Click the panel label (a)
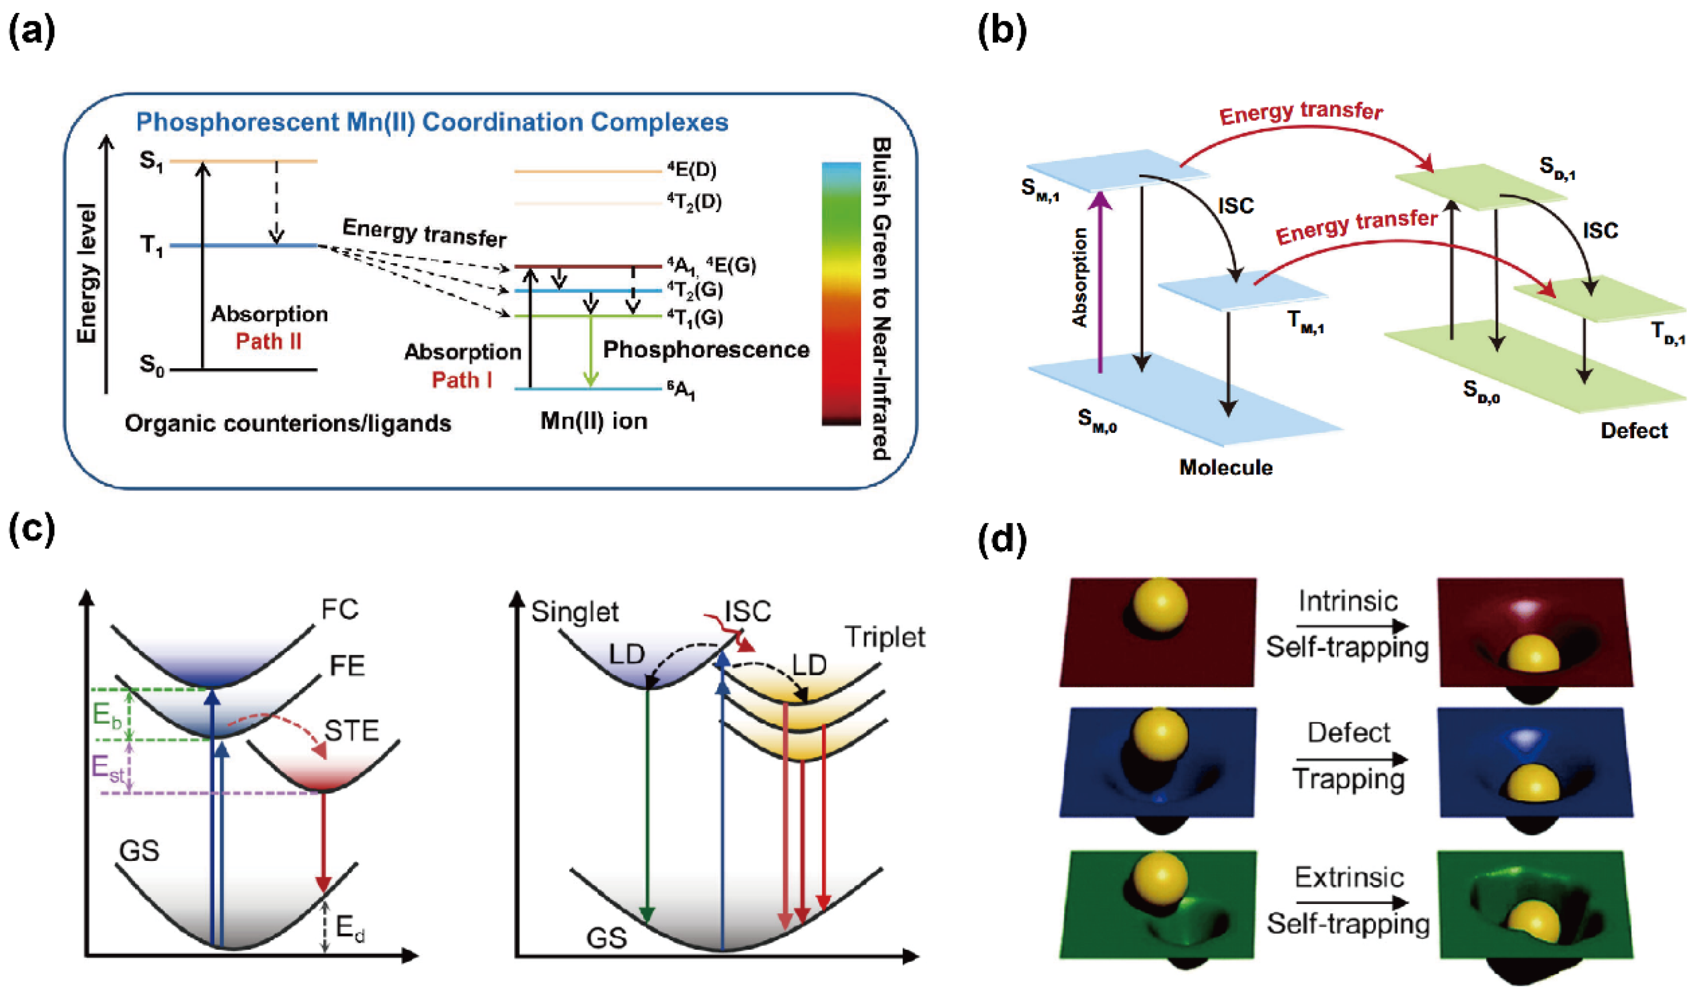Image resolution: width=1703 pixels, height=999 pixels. [x=32, y=32]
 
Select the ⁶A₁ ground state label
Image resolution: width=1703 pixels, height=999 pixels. [x=681, y=391]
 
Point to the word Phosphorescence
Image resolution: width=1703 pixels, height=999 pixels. [x=706, y=350]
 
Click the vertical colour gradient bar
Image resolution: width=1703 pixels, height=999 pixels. [x=841, y=294]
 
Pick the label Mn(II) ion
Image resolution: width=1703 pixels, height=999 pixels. [x=593, y=422]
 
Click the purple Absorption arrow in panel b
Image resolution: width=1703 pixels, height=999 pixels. [x=1101, y=284]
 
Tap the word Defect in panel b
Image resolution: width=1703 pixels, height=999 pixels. [x=1633, y=430]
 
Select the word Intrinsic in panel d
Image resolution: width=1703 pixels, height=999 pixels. [x=1348, y=601]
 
